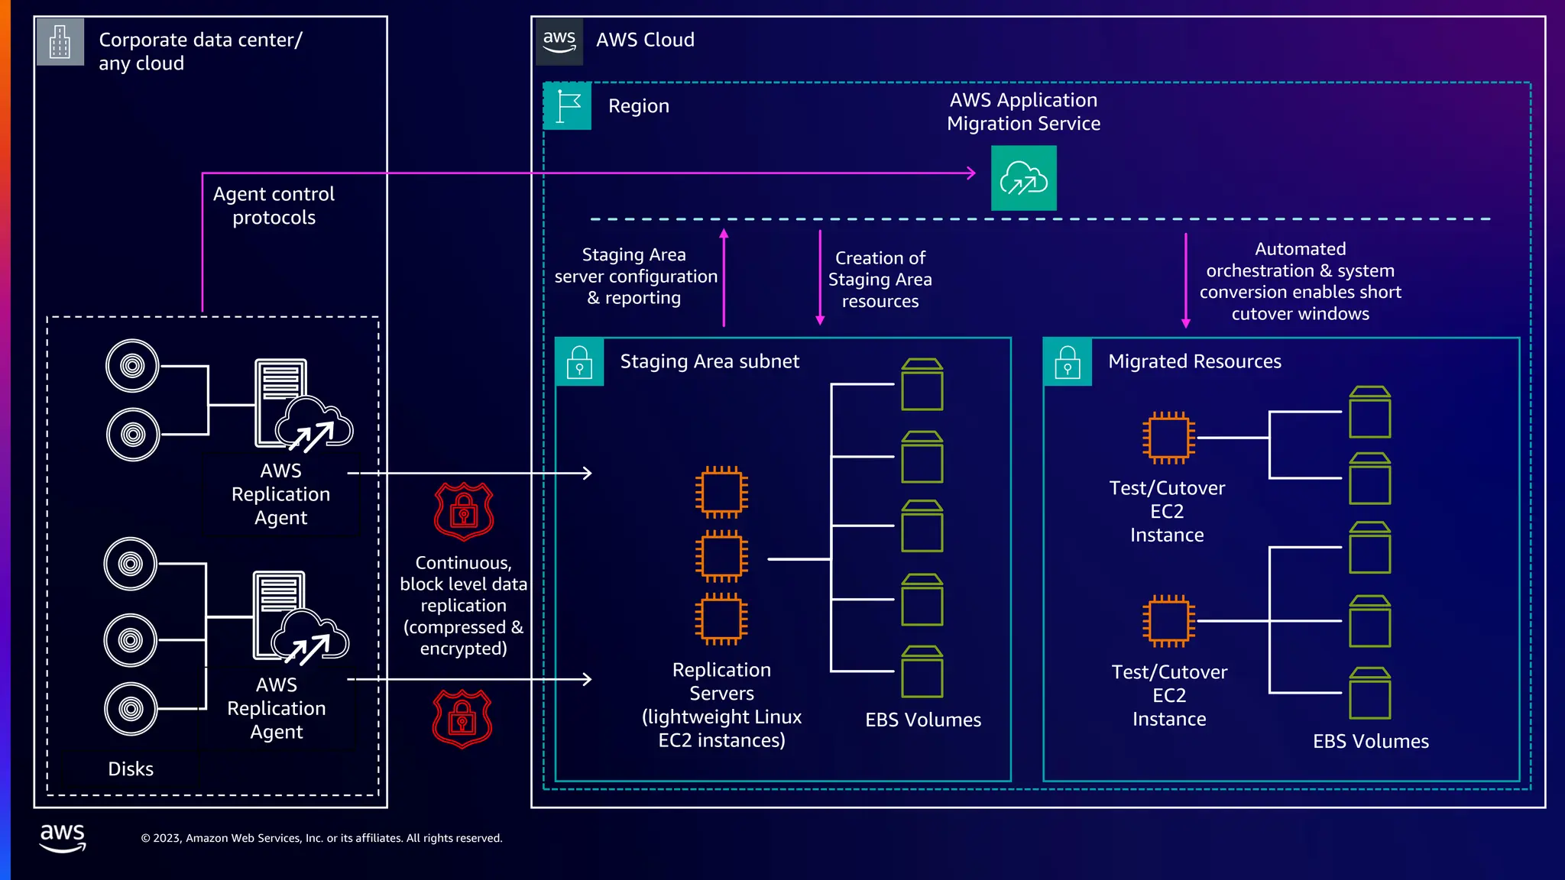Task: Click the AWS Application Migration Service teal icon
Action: (x=1023, y=178)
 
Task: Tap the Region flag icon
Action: (x=567, y=106)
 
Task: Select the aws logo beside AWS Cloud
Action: (x=559, y=41)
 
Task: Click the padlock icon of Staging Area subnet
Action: (x=579, y=361)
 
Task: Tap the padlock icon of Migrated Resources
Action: (x=1067, y=361)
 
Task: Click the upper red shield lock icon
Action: (x=464, y=511)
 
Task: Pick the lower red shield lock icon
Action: (x=462, y=719)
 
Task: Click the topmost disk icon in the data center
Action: (x=132, y=366)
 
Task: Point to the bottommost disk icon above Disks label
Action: (x=131, y=709)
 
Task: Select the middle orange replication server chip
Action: (x=721, y=555)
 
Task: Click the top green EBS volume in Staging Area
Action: (x=922, y=384)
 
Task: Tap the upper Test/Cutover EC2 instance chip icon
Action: (x=1168, y=438)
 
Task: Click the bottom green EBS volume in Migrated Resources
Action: (x=1369, y=693)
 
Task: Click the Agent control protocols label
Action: (x=274, y=205)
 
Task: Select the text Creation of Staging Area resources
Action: (x=880, y=280)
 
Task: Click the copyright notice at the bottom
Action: (x=322, y=838)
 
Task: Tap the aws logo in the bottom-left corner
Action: (x=63, y=836)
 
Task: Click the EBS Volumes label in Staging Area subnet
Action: (x=923, y=720)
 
